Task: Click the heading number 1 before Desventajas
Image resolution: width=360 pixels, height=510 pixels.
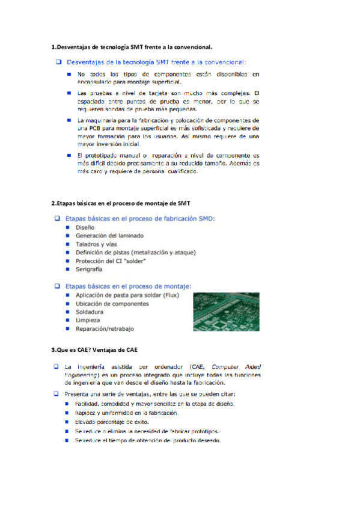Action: click(53, 46)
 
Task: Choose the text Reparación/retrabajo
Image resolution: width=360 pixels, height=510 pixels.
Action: click(105, 329)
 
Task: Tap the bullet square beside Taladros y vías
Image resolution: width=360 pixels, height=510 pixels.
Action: click(68, 245)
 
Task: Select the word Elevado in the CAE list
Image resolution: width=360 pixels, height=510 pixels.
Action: click(87, 422)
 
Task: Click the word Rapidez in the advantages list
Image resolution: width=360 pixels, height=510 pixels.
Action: click(88, 413)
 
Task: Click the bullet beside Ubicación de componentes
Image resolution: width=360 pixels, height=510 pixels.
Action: click(68, 304)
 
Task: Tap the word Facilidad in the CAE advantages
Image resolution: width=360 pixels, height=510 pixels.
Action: click(89, 404)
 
